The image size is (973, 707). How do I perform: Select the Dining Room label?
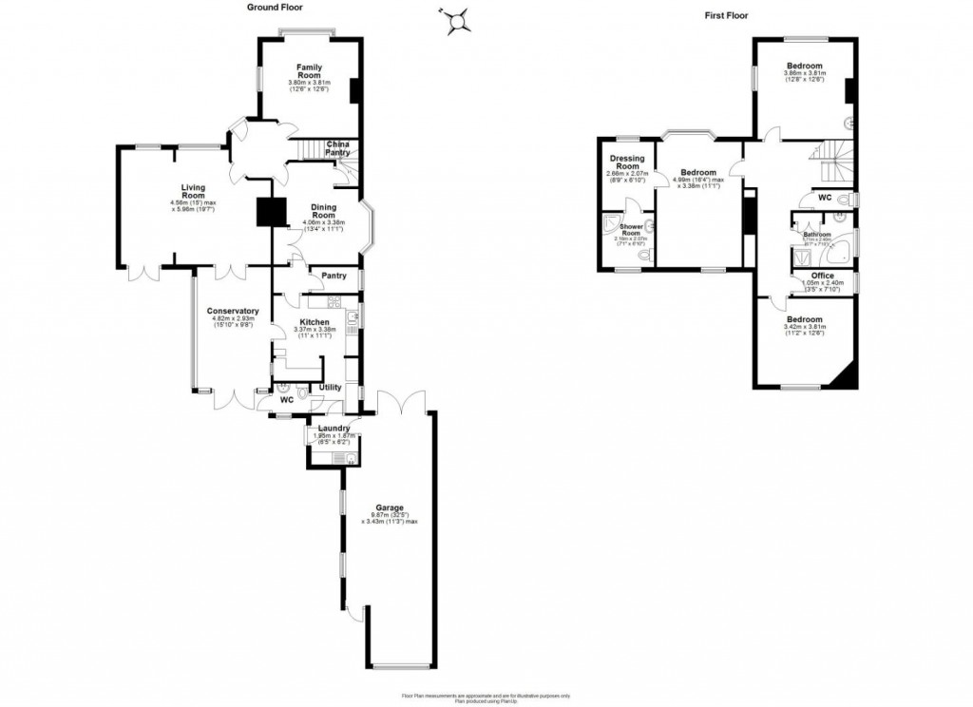pos(324,212)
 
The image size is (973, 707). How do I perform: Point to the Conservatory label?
pos(233,312)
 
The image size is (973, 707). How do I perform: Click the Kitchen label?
pos(314,323)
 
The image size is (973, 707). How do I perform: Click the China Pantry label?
pos(337,148)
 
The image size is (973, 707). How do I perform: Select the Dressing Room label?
pos(627,162)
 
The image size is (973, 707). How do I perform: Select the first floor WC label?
pos(824,198)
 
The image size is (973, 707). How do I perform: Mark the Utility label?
pos(330,387)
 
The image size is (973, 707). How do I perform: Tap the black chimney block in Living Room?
pos(272,211)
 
